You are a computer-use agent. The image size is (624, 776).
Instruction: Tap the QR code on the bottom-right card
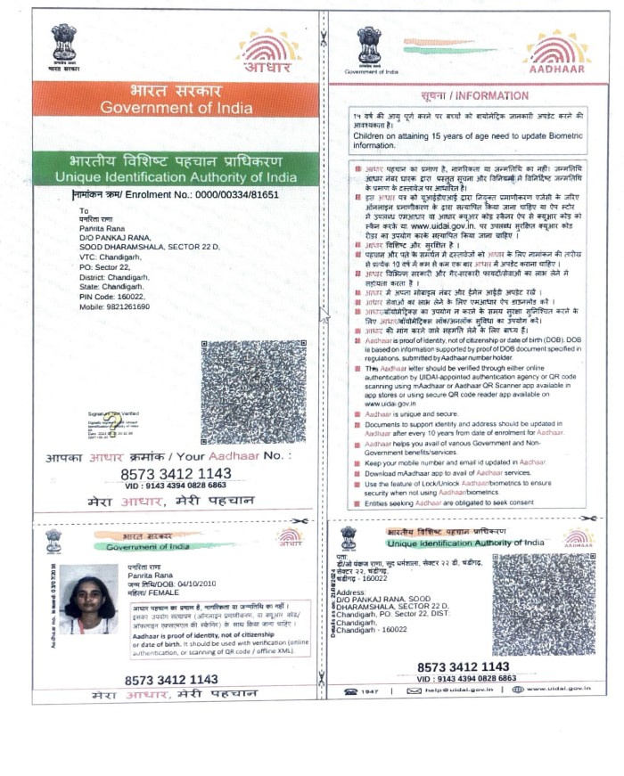point(543,606)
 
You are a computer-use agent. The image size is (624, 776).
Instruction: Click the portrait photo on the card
point(87,600)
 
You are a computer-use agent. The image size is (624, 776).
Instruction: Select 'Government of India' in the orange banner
point(175,108)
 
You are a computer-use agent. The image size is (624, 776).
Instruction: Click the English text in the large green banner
point(176,177)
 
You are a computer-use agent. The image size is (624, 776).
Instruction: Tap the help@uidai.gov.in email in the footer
point(450,690)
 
